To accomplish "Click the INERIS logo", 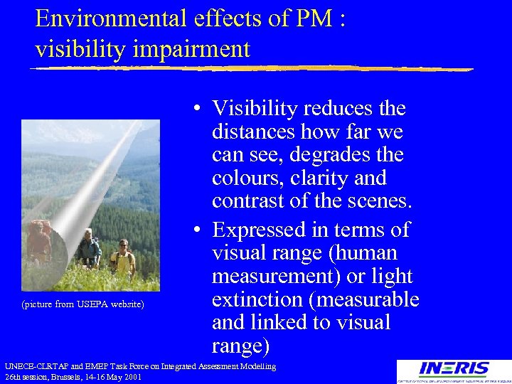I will tap(453, 370).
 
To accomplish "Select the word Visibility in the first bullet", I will tap(255, 109).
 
